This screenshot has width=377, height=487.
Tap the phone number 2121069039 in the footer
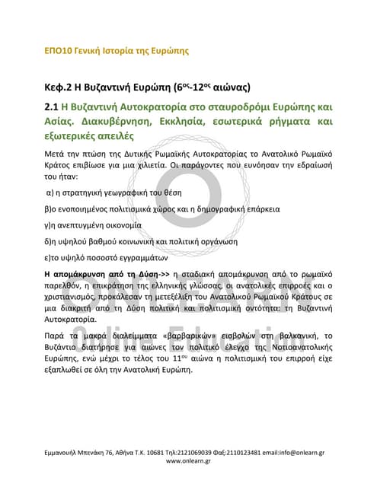(x=200, y=452)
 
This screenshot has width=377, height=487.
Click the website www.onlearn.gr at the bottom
(x=188, y=460)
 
